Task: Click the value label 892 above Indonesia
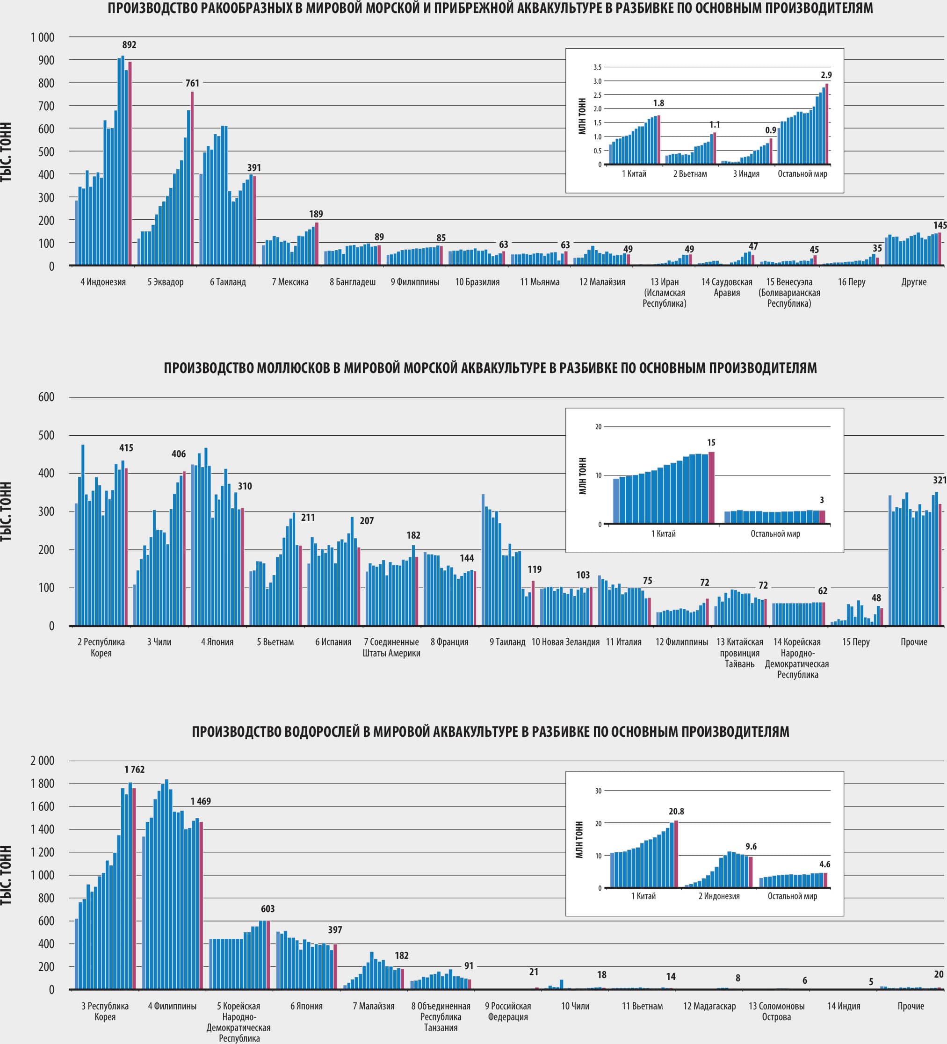tap(129, 45)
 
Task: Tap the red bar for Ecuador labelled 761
tap(192, 176)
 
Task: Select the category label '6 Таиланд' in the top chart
tap(228, 282)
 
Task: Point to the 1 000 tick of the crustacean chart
tap(42, 37)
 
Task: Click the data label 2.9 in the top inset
tap(826, 75)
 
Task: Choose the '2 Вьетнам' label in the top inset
tap(690, 174)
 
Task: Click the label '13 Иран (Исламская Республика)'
tap(664, 293)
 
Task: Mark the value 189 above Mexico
tap(316, 214)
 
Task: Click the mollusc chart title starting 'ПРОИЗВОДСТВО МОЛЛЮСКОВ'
tap(490, 368)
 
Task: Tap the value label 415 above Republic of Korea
tap(126, 448)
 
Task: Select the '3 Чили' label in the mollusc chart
tap(159, 642)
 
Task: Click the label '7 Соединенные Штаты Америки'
tap(391, 648)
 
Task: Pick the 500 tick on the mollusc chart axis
tap(46, 436)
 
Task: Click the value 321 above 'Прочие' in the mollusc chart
tap(939, 480)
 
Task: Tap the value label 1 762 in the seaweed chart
tap(134, 770)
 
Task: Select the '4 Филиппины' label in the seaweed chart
tap(172, 1006)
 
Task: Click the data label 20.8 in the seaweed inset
tap(676, 812)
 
